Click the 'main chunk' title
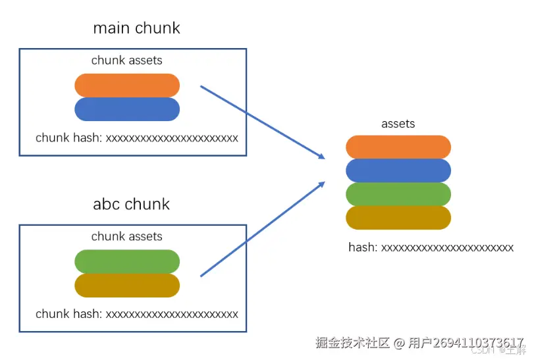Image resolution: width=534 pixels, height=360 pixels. [136, 28]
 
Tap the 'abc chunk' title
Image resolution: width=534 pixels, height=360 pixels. [131, 204]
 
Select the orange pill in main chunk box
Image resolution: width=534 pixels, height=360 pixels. [127, 86]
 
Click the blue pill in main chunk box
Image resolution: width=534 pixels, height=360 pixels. [127, 109]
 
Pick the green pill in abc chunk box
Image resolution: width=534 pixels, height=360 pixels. [127, 261]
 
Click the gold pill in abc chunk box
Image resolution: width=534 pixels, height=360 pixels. [127, 285]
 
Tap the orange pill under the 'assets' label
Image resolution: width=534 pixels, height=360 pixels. [398, 147]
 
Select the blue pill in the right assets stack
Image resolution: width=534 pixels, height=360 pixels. [398, 170]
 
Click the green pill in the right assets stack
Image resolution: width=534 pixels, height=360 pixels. [398, 194]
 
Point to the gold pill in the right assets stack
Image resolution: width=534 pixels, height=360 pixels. [398, 218]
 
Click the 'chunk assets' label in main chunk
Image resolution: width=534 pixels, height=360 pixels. [126, 61]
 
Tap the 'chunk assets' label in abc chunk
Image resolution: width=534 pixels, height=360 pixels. [126, 236]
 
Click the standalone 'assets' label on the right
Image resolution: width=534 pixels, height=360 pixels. [398, 124]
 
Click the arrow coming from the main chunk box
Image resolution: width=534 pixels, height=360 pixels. [262, 122]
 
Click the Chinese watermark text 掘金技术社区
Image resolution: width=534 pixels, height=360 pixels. [352, 343]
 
